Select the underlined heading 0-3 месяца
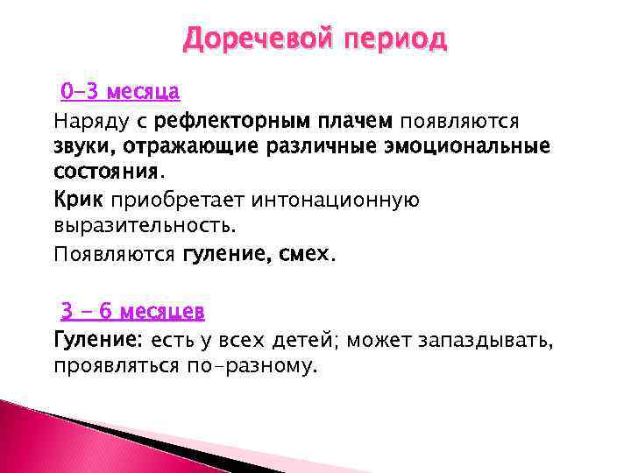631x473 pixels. pyautogui.click(x=120, y=91)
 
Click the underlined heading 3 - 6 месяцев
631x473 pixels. pyautogui.click(x=132, y=311)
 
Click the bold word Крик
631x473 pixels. pyautogui.click(x=78, y=201)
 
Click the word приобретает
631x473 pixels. pyautogui.click(x=177, y=201)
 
